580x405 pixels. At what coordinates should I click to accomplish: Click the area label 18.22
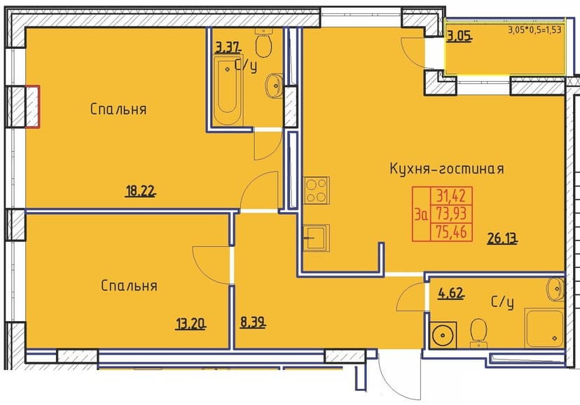click(x=141, y=192)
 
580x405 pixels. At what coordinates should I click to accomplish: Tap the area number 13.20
click(x=191, y=324)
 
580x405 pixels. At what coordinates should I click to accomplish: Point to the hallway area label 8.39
click(x=253, y=323)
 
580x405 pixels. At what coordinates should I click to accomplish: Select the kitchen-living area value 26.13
click(x=502, y=239)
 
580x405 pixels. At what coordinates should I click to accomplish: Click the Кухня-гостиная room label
click(x=447, y=169)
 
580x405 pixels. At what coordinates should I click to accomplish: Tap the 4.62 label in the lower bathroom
click(x=451, y=293)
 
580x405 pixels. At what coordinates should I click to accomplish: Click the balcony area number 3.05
click(x=460, y=36)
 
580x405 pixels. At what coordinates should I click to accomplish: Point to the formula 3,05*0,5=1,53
click(x=534, y=30)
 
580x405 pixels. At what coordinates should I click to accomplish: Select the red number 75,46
click(x=451, y=232)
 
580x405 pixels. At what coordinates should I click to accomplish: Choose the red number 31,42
click(x=451, y=195)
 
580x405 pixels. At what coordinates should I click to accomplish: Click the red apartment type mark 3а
click(x=421, y=214)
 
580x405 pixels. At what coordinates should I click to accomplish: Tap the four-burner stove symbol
click(x=316, y=190)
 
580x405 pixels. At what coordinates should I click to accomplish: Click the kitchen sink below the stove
click(x=316, y=238)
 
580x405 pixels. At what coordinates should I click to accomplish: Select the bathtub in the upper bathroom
click(x=228, y=90)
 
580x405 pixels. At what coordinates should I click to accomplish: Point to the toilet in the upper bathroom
click(x=264, y=43)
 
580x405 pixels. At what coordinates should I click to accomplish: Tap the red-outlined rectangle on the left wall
click(x=32, y=107)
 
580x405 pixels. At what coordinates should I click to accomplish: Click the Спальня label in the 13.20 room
click(x=129, y=285)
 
